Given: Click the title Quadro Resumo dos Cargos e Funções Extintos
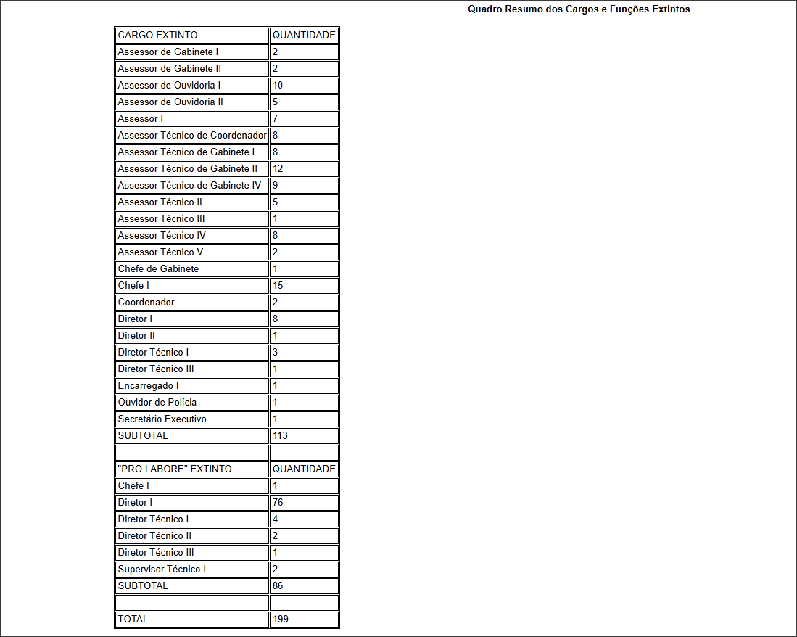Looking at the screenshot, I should [x=579, y=9].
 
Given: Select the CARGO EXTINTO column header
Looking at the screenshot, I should [x=157, y=35].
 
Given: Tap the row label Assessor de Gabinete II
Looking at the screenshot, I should [x=169, y=68].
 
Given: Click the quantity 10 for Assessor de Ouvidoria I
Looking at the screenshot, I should [x=278, y=85].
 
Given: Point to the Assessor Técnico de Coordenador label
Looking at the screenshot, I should [x=192, y=135].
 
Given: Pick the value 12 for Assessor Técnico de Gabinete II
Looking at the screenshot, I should [x=278, y=168].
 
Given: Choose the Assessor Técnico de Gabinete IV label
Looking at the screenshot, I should [x=189, y=185].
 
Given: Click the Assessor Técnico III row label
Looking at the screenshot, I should [x=161, y=218].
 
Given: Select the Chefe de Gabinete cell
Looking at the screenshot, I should [x=158, y=268].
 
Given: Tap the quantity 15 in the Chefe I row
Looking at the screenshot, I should [x=278, y=285].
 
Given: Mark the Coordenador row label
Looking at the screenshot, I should [x=146, y=302].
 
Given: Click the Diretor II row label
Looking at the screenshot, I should [x=136, y=335].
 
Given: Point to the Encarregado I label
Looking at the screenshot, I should [x=148, y=385].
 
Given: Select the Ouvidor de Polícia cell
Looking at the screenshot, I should [x=157, y=402].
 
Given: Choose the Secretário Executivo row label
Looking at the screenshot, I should [x=162, y=419].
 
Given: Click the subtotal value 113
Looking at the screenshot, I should [x=280, y=435].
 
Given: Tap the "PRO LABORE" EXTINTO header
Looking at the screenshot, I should [x=175, y=469].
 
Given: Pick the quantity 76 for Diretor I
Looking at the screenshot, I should [x=278, y=502].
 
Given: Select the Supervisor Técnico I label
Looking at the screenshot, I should [x=162, y=569].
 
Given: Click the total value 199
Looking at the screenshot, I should [x=280, y=619].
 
